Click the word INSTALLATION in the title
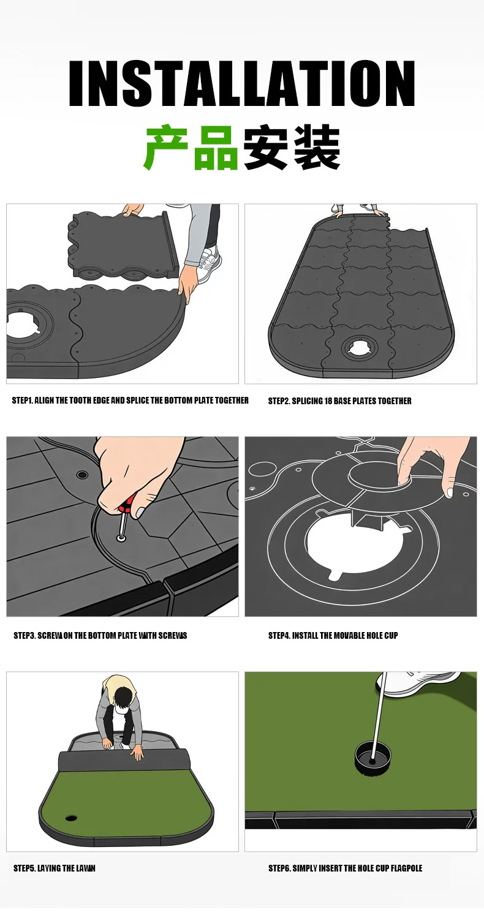tap(242, 83)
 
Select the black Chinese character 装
tap(317, 148)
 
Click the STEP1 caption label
tap(21, 401)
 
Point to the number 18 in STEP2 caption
tap(328, 401)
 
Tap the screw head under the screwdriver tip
tap(121, 539)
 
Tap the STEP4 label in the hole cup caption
tap(278, 635)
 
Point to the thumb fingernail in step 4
tap(450, 492)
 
